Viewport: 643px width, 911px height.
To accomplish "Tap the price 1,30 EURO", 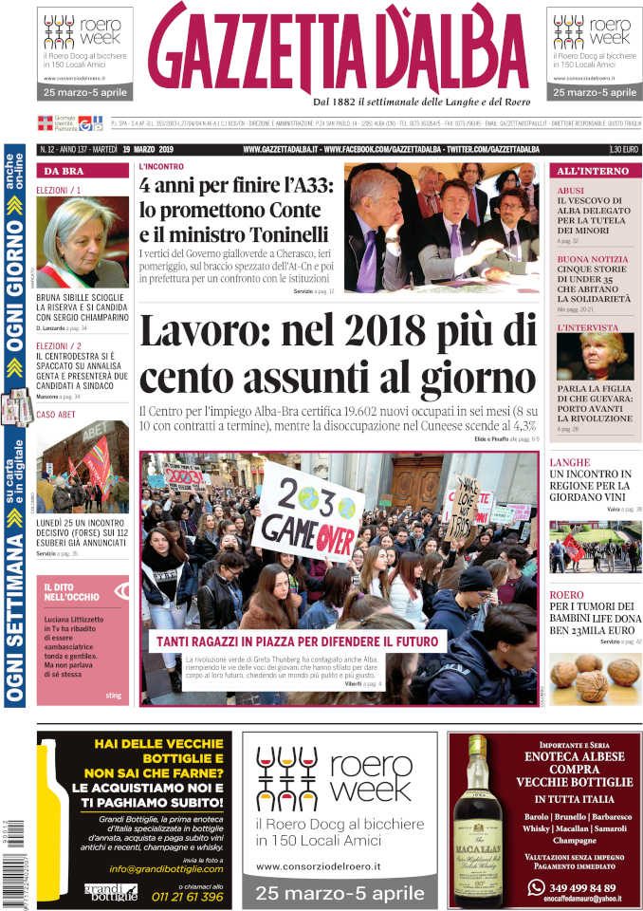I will pos(623,149).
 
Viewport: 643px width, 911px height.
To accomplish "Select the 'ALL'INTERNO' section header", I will pos(593,171).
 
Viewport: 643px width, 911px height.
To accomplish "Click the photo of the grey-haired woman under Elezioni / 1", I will pos(83,241).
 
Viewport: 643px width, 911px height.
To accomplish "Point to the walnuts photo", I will pos(594,678).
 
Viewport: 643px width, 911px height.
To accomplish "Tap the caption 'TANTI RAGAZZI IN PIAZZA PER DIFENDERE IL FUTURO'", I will pos(296,641).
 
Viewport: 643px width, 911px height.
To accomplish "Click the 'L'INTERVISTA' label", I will pos(587,327).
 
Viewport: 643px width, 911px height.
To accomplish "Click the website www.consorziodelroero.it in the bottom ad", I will pos(318,865).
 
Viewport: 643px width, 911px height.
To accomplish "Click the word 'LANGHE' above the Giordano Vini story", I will pos(569,462).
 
